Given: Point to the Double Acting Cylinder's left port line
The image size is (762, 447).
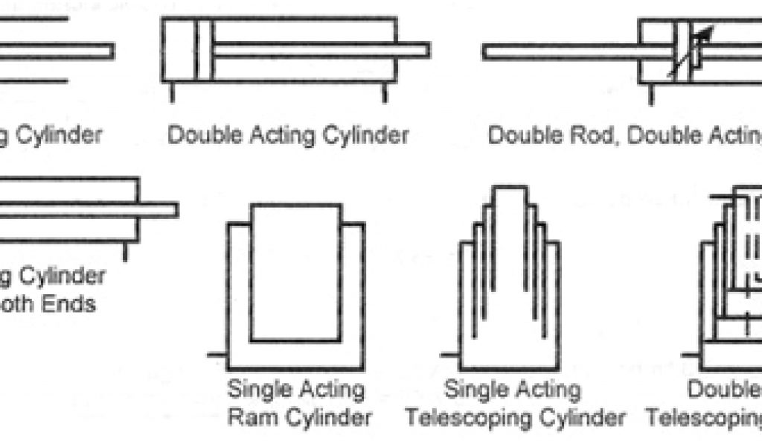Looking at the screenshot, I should point(173,92).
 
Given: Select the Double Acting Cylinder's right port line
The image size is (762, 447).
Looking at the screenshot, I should point(385,92).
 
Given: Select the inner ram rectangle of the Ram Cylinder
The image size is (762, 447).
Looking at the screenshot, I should point(296,272).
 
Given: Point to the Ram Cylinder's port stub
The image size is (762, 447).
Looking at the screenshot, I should point(217,355).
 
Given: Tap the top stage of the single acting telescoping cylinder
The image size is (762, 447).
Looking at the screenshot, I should point(510,223).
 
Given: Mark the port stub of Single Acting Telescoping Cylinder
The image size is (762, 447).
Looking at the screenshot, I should point(451,355).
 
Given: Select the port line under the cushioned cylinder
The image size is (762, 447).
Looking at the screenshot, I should point(125,252).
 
